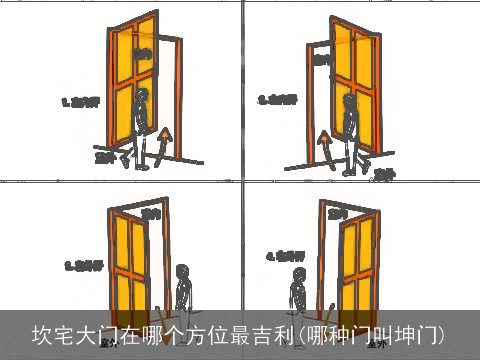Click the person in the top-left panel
point(142,125)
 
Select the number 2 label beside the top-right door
point(279,99)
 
